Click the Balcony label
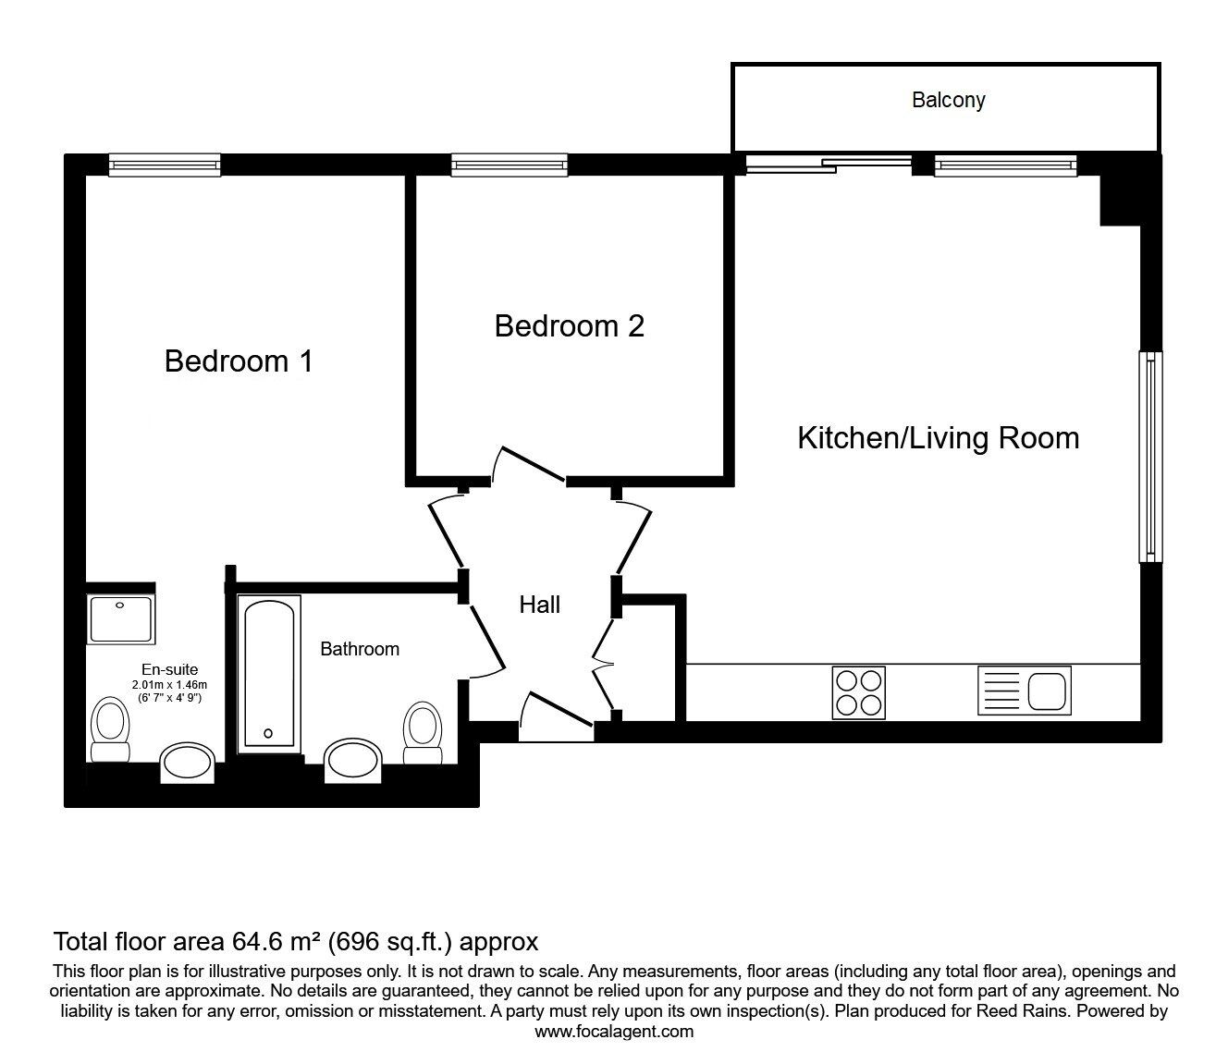tap(948, 100)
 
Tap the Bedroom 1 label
tap(239, 361)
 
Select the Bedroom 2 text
tap(569, 326)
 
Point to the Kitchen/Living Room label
tap(938, 438)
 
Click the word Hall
tap(539, 605)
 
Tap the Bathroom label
tap(360, 649)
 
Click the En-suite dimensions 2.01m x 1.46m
tap(169, 685)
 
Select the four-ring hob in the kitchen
tap(858, 692)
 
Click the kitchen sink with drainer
tap(1025, 691)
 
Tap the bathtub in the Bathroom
tap(268, 674)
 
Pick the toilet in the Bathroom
tap(423, 733)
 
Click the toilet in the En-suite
tap(110, 729)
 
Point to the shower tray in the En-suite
tap(120, 619)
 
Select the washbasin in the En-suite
tap(187, 763)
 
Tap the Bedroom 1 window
tap(165, 165)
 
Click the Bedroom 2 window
tap(510, 165)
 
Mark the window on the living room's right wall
tap(1150, 457)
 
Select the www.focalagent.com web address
tap(614, 1032)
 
